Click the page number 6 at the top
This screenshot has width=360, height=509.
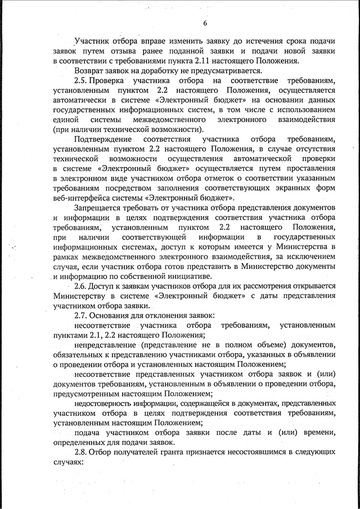click(205, 22)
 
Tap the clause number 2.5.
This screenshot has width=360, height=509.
click(82, 81)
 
